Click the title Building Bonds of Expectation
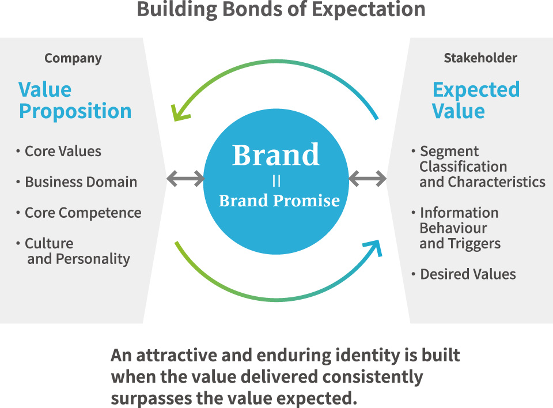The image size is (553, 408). [281, 10]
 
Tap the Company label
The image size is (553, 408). [73, 58]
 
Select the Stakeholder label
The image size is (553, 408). [480, 58]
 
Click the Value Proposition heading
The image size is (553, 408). [75, 101]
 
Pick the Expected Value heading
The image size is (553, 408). [476, 101]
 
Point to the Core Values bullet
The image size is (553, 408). [63, 152]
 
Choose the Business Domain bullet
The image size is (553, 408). [81, 182]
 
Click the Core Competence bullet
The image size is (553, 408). [82, 213]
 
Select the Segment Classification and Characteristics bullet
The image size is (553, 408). [482, 167]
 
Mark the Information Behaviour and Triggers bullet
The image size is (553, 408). [460, 228]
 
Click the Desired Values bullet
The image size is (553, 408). [468, 274]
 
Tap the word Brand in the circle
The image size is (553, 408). [275, 154]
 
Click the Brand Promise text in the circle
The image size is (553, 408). [279, 201]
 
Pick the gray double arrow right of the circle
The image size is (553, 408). [368, 179]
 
